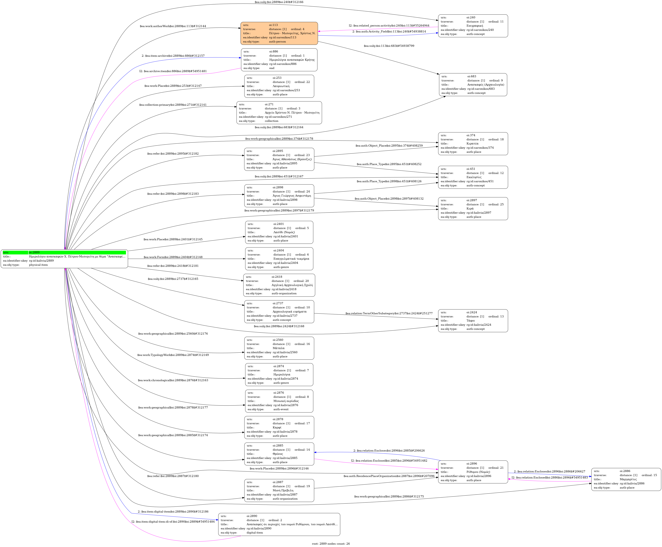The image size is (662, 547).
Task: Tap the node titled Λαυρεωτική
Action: point(279,86)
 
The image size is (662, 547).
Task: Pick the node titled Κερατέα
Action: point(473,144)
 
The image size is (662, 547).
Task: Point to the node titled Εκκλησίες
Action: point(473,177)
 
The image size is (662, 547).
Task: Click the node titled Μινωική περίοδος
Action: point(279,401)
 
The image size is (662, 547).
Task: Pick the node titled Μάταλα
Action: point(279,348)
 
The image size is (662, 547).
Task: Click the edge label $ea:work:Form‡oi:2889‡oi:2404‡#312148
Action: point(173,257)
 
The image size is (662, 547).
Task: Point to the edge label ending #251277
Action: point(389,314)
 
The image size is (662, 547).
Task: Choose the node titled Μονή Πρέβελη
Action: point(279,491)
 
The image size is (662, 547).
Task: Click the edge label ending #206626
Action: point(389,451)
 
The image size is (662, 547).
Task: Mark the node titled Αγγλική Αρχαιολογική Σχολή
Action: point(279,285)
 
